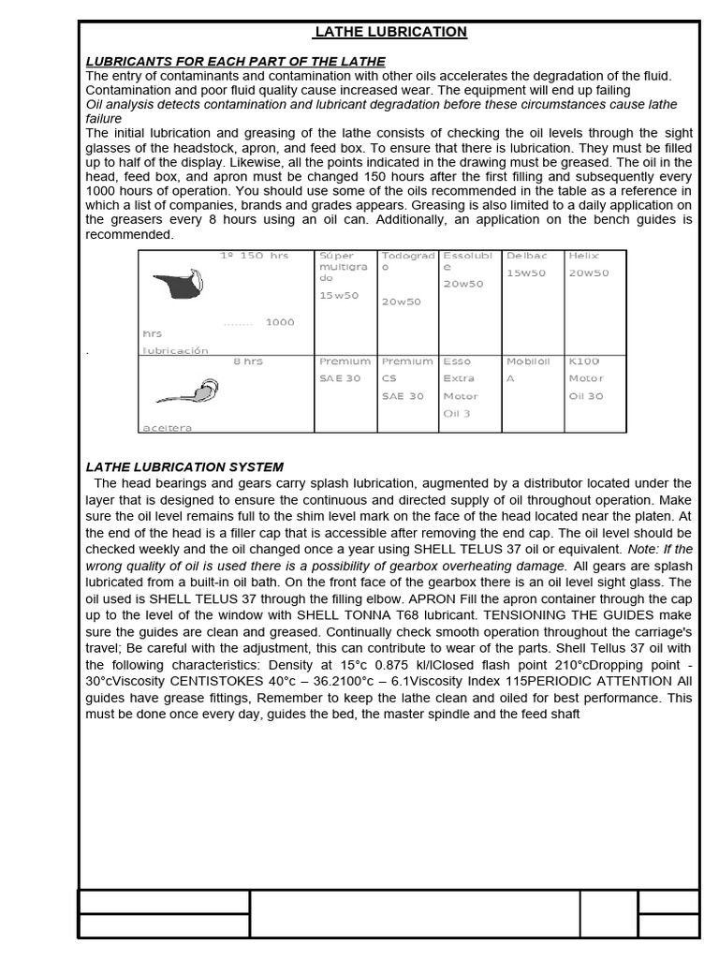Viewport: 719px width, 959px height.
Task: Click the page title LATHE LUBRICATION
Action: pyautogui.click(x=389, y=32)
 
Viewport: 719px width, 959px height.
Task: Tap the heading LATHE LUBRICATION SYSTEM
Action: pyautogui.click(x=184, y=466)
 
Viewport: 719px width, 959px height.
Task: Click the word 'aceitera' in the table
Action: pyautogui.click(x=167, y=428)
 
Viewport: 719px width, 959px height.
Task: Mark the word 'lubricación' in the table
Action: pyautogui.click(x=174, y=350)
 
